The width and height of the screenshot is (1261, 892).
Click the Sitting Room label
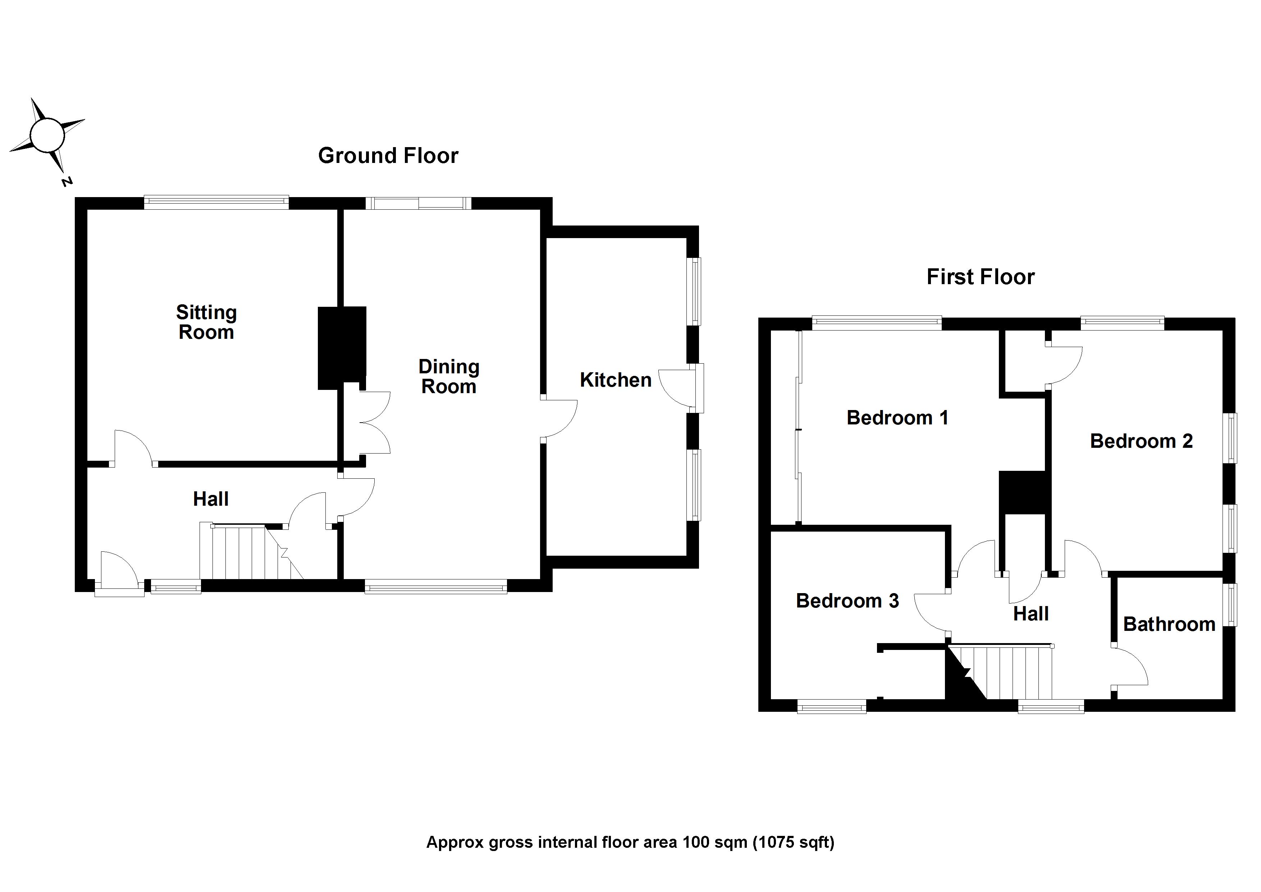206,322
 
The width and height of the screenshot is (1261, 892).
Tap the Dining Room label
449,377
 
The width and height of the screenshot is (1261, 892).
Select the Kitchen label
615,380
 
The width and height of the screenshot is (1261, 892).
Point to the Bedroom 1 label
897,418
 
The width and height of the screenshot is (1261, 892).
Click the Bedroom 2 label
1141,441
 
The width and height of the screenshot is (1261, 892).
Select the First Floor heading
980,277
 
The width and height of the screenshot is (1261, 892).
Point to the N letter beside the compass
67,181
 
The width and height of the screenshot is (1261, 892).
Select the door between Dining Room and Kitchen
559,420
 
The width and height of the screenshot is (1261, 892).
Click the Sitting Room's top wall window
216,202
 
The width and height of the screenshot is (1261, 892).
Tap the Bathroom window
1232,605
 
